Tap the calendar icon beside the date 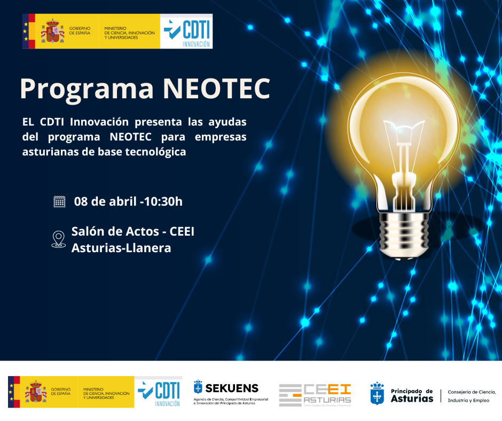(x=59, y=201)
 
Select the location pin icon (x=58, y=239)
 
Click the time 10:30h (x=163, y=201)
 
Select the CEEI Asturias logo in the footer (x=315, y=395)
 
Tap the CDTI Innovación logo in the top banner (x=187, y=32)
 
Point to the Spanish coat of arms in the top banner (x=52, y=32)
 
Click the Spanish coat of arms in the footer (x=36, y=392)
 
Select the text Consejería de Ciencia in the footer (x=472, y=392)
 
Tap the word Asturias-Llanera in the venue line (x=121, y=248)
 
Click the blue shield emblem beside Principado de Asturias (x=377, y=393)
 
